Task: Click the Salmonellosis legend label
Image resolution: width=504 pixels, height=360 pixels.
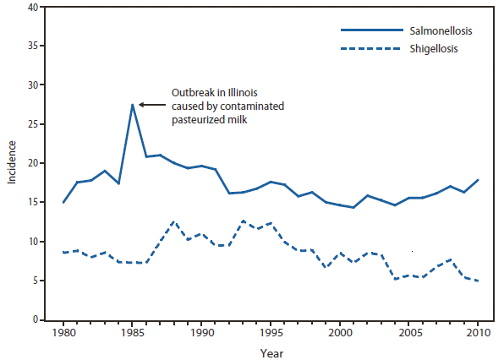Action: pos(440,31)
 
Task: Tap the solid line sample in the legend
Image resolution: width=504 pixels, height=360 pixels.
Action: pos(369,31)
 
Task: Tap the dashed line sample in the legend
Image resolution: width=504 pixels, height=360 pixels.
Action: pos(369,48)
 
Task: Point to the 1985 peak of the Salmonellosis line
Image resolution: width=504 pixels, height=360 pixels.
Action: pos(133,105)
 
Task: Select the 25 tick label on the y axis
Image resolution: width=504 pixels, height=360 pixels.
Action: pos(31,124)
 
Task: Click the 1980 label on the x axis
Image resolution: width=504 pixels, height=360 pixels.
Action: pos(63,333)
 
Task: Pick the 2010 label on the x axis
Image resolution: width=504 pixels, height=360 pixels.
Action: pos(478,333)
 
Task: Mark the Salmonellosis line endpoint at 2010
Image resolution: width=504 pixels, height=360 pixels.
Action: pos(478,180)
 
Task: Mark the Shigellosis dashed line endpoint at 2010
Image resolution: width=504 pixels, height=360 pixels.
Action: pos(478,281)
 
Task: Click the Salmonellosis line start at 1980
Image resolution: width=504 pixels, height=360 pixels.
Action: pos(63,202)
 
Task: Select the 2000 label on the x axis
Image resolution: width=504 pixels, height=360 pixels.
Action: pos(340,333)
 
